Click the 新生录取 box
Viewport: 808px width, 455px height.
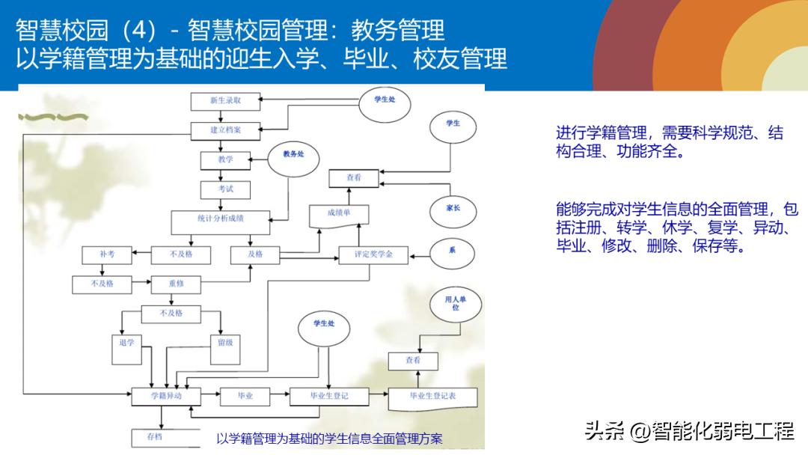coord(225,101)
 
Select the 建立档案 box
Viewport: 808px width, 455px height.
coord(225,129)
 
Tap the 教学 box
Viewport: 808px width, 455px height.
coord(225,159)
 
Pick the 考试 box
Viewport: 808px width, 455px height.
coord(225,189)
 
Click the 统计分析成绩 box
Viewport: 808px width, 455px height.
coord(220,220)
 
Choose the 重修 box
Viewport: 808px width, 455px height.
coord(177,284)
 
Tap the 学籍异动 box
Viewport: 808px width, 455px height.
coord(166,396)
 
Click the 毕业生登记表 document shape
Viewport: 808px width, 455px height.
coord(432,397)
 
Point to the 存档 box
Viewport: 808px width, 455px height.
coord(155,437)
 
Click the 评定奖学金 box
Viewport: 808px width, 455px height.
coord(373,254)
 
